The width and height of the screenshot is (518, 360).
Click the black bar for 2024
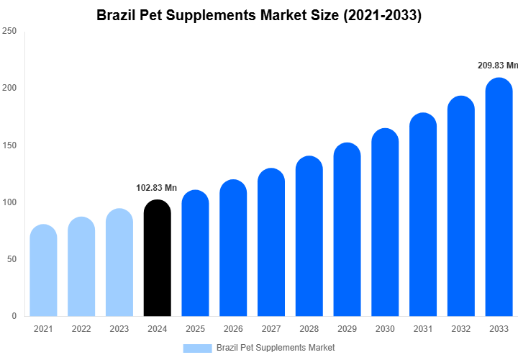click(x=158, y=259)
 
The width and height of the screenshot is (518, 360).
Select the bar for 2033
click(x=499, y=198)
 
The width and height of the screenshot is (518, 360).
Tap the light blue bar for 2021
click(x=44, y=271)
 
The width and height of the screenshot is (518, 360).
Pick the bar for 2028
click(x=309, y=237)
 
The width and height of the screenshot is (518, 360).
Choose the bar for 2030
click(x=385, y=223)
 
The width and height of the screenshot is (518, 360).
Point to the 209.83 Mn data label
click(x=497, y=66)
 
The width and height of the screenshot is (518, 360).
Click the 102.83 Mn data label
click(x=156, y=188)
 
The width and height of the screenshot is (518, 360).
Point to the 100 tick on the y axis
click(x=9, y=202)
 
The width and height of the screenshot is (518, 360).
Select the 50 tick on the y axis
click(x=12, y=259)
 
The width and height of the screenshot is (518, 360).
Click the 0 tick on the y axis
click(x=14, y=316)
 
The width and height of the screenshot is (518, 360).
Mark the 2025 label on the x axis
click(x=195, y=329)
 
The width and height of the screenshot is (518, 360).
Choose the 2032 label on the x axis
click(x=460, y=329)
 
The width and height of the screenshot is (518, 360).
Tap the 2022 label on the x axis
click(x=81, y=329)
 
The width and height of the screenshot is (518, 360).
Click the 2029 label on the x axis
click(x=347, y=329)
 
